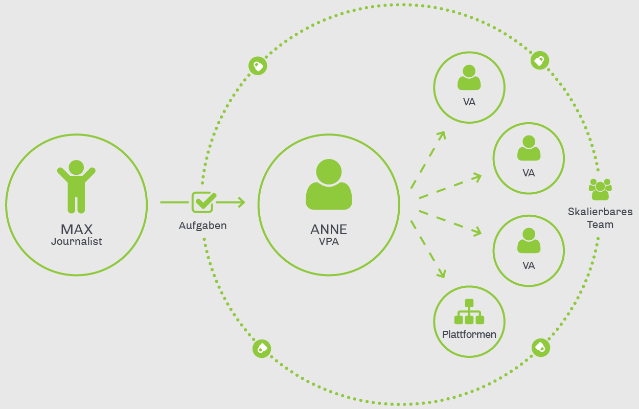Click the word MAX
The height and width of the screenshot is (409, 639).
(x=77, y=230)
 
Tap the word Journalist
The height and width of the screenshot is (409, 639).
(x=77, y=242)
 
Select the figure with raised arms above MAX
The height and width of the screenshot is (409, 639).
(x=76, y=187)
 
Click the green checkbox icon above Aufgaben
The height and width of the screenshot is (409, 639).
(x=203, y=202)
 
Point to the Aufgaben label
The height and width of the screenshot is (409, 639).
(x=203, y=225)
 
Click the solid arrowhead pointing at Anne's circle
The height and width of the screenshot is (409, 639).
(x=241, y=202)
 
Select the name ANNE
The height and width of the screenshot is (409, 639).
(x=329, y=230)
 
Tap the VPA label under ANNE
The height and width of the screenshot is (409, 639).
(x=329, y=242)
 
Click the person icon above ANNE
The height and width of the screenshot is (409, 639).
(x=329, y=185)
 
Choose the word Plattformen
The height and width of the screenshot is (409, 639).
(x=469, y=334)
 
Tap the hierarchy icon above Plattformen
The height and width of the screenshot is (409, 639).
(x=469, y=311)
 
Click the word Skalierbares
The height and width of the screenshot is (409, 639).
(x=600, y=212)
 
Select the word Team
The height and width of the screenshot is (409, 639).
(x=600, y=225)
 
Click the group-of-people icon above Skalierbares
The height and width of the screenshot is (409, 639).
(x=600, y=189)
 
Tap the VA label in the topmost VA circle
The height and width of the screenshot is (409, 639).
(x=469, y=102)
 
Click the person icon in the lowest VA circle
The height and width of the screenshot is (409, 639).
(x=529, y=240)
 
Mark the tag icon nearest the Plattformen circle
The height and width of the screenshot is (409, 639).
(x=540, y=347)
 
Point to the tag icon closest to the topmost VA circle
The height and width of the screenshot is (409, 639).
(x=540, y=60)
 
